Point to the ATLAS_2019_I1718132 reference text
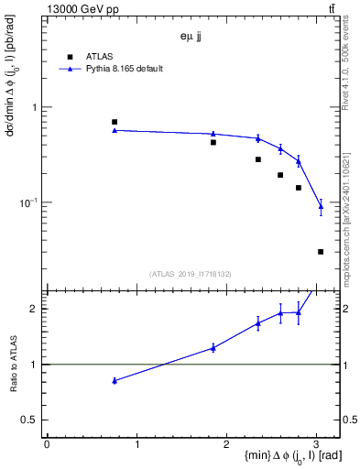pos(191,273)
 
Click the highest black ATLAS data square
pos(115,122)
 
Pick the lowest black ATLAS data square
pos(321,251)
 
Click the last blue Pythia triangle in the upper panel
pos(321,207)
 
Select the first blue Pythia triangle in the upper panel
pos(115,130)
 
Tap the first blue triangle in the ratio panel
pos(115,380)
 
